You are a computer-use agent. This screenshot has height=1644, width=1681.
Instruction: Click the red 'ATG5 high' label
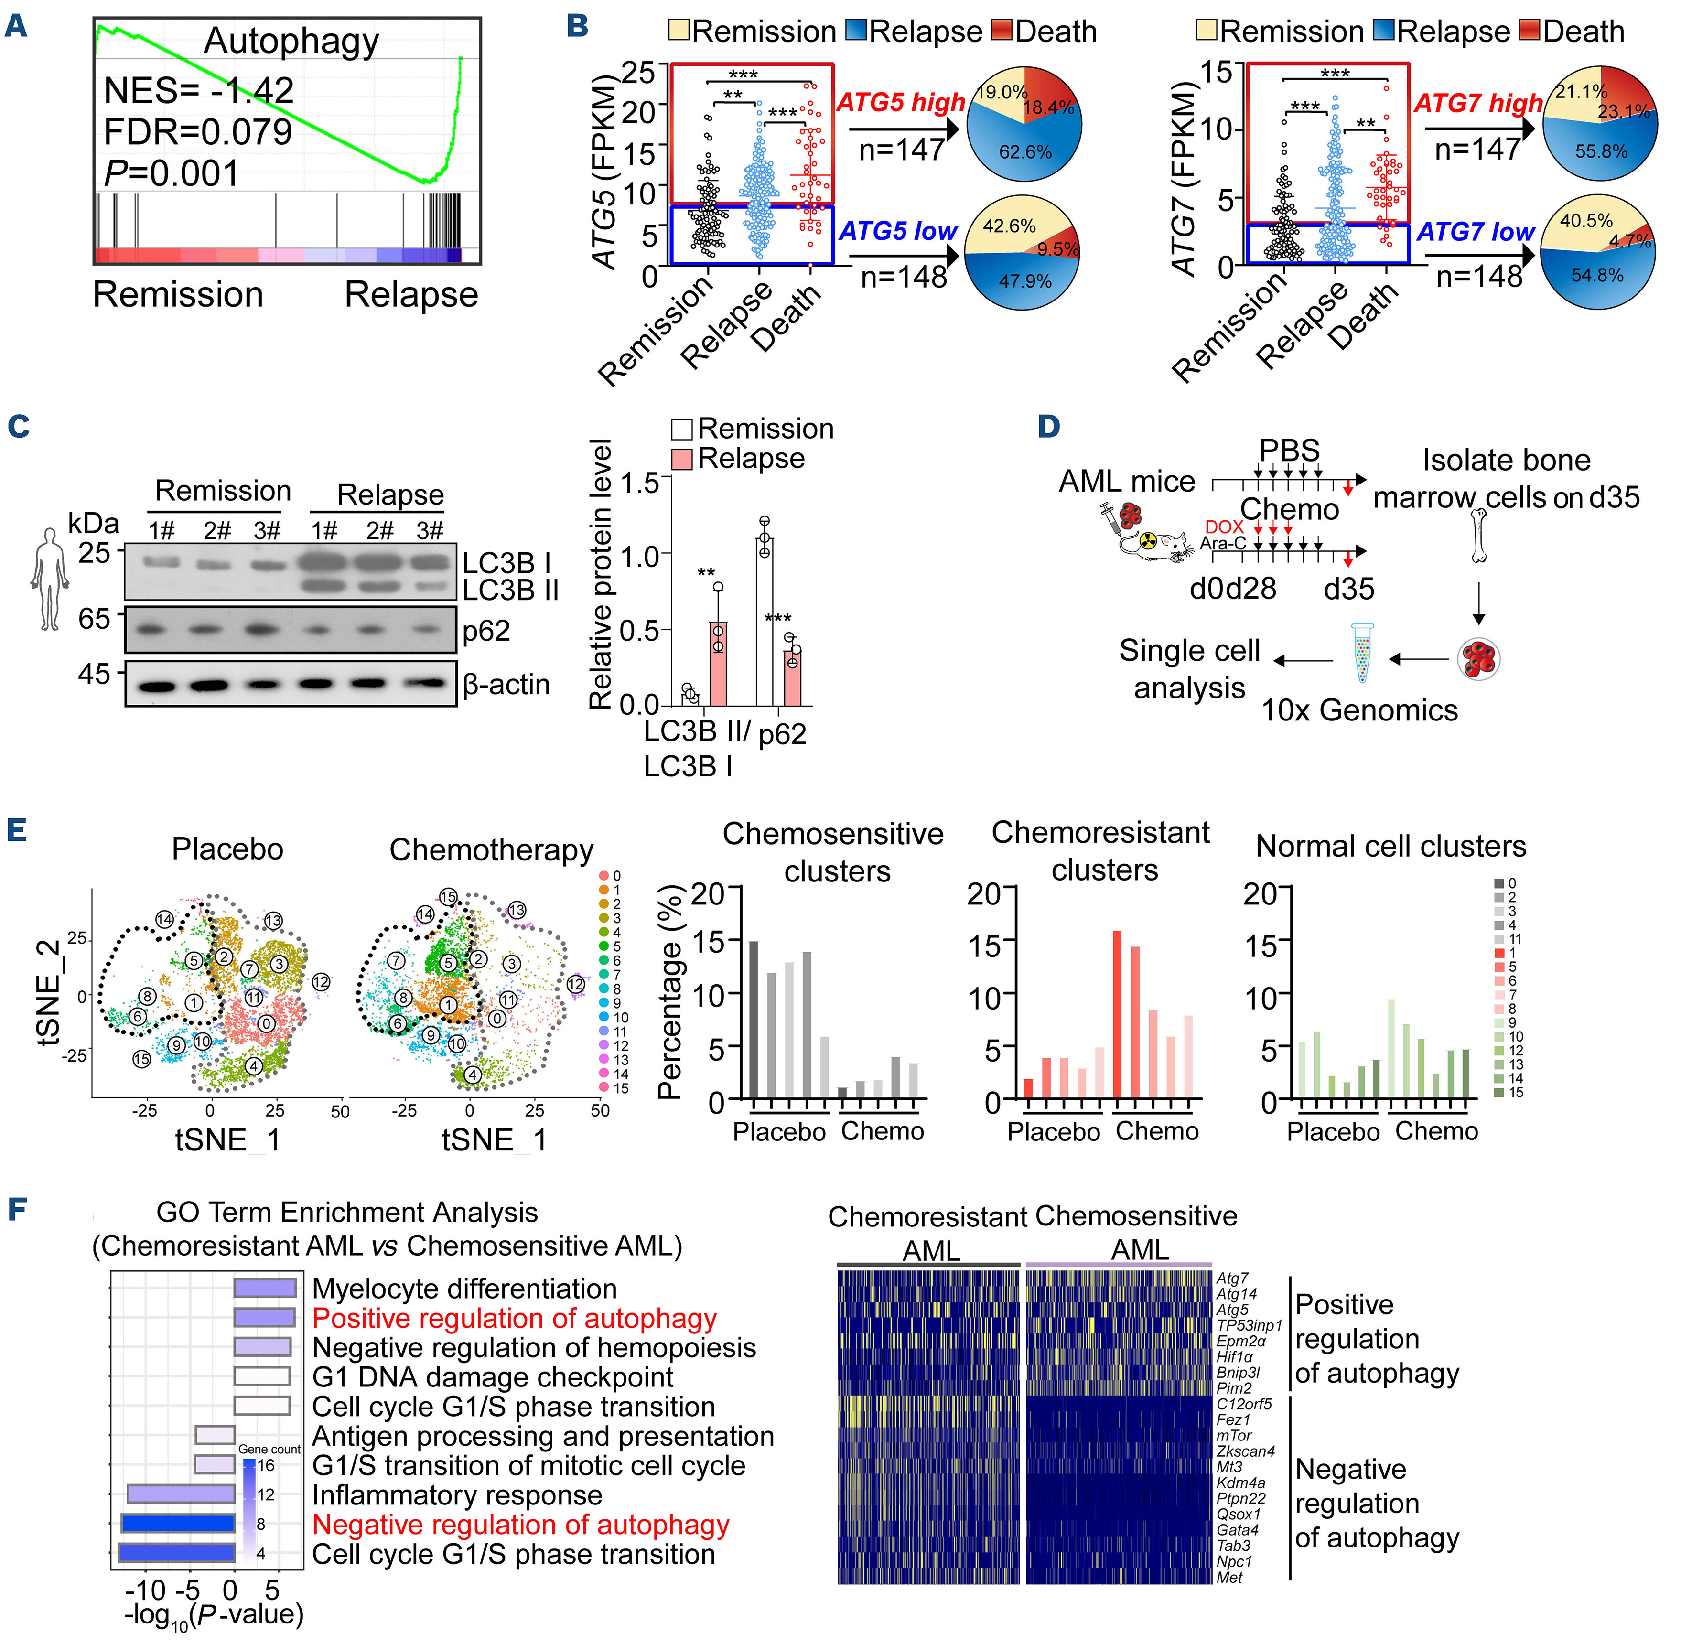[x=901, y=103]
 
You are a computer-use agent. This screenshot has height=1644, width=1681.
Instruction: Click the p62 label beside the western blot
[x=486, y=631]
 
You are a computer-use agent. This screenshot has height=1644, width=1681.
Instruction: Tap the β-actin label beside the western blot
[x=506, y=685]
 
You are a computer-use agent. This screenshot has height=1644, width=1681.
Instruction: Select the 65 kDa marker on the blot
[x=95, y=619]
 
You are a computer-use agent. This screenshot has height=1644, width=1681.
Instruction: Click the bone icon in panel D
[x=1479, y=535]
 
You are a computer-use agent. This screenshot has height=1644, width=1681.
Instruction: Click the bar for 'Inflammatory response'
[x=181, y=1494]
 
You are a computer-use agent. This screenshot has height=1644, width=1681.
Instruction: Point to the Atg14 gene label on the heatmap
[x=1236, y=1293]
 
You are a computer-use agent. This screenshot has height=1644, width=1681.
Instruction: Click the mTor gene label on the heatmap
[x=1234, y=1435]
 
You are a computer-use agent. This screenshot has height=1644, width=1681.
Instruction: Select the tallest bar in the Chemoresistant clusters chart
[x=1117, y=1015]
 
